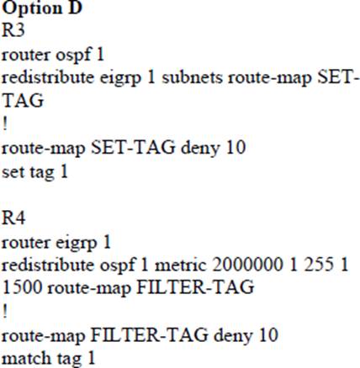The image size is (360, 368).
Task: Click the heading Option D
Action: [x=42, y=8]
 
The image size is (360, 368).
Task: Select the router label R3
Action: [x=13, y=29]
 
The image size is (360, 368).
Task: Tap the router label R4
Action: [x=13, y=218]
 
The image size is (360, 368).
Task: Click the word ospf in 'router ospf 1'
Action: [x=73, y=54]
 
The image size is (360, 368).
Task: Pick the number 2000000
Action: [x=247, y=265]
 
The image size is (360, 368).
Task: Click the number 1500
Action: [x=23, y=287]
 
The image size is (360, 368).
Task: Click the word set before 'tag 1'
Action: [x=13, y=171]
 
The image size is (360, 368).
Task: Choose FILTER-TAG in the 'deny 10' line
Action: [x=150, y=334]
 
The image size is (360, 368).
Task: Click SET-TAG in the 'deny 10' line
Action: [x=134, y=147]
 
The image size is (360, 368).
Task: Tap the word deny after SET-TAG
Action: [x=200, y=149]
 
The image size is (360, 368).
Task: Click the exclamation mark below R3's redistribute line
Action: [x=5, y=124]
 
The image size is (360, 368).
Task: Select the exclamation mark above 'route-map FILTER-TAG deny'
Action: [x=5, y=312]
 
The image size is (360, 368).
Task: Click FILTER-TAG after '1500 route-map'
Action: [x=195, y=287]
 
